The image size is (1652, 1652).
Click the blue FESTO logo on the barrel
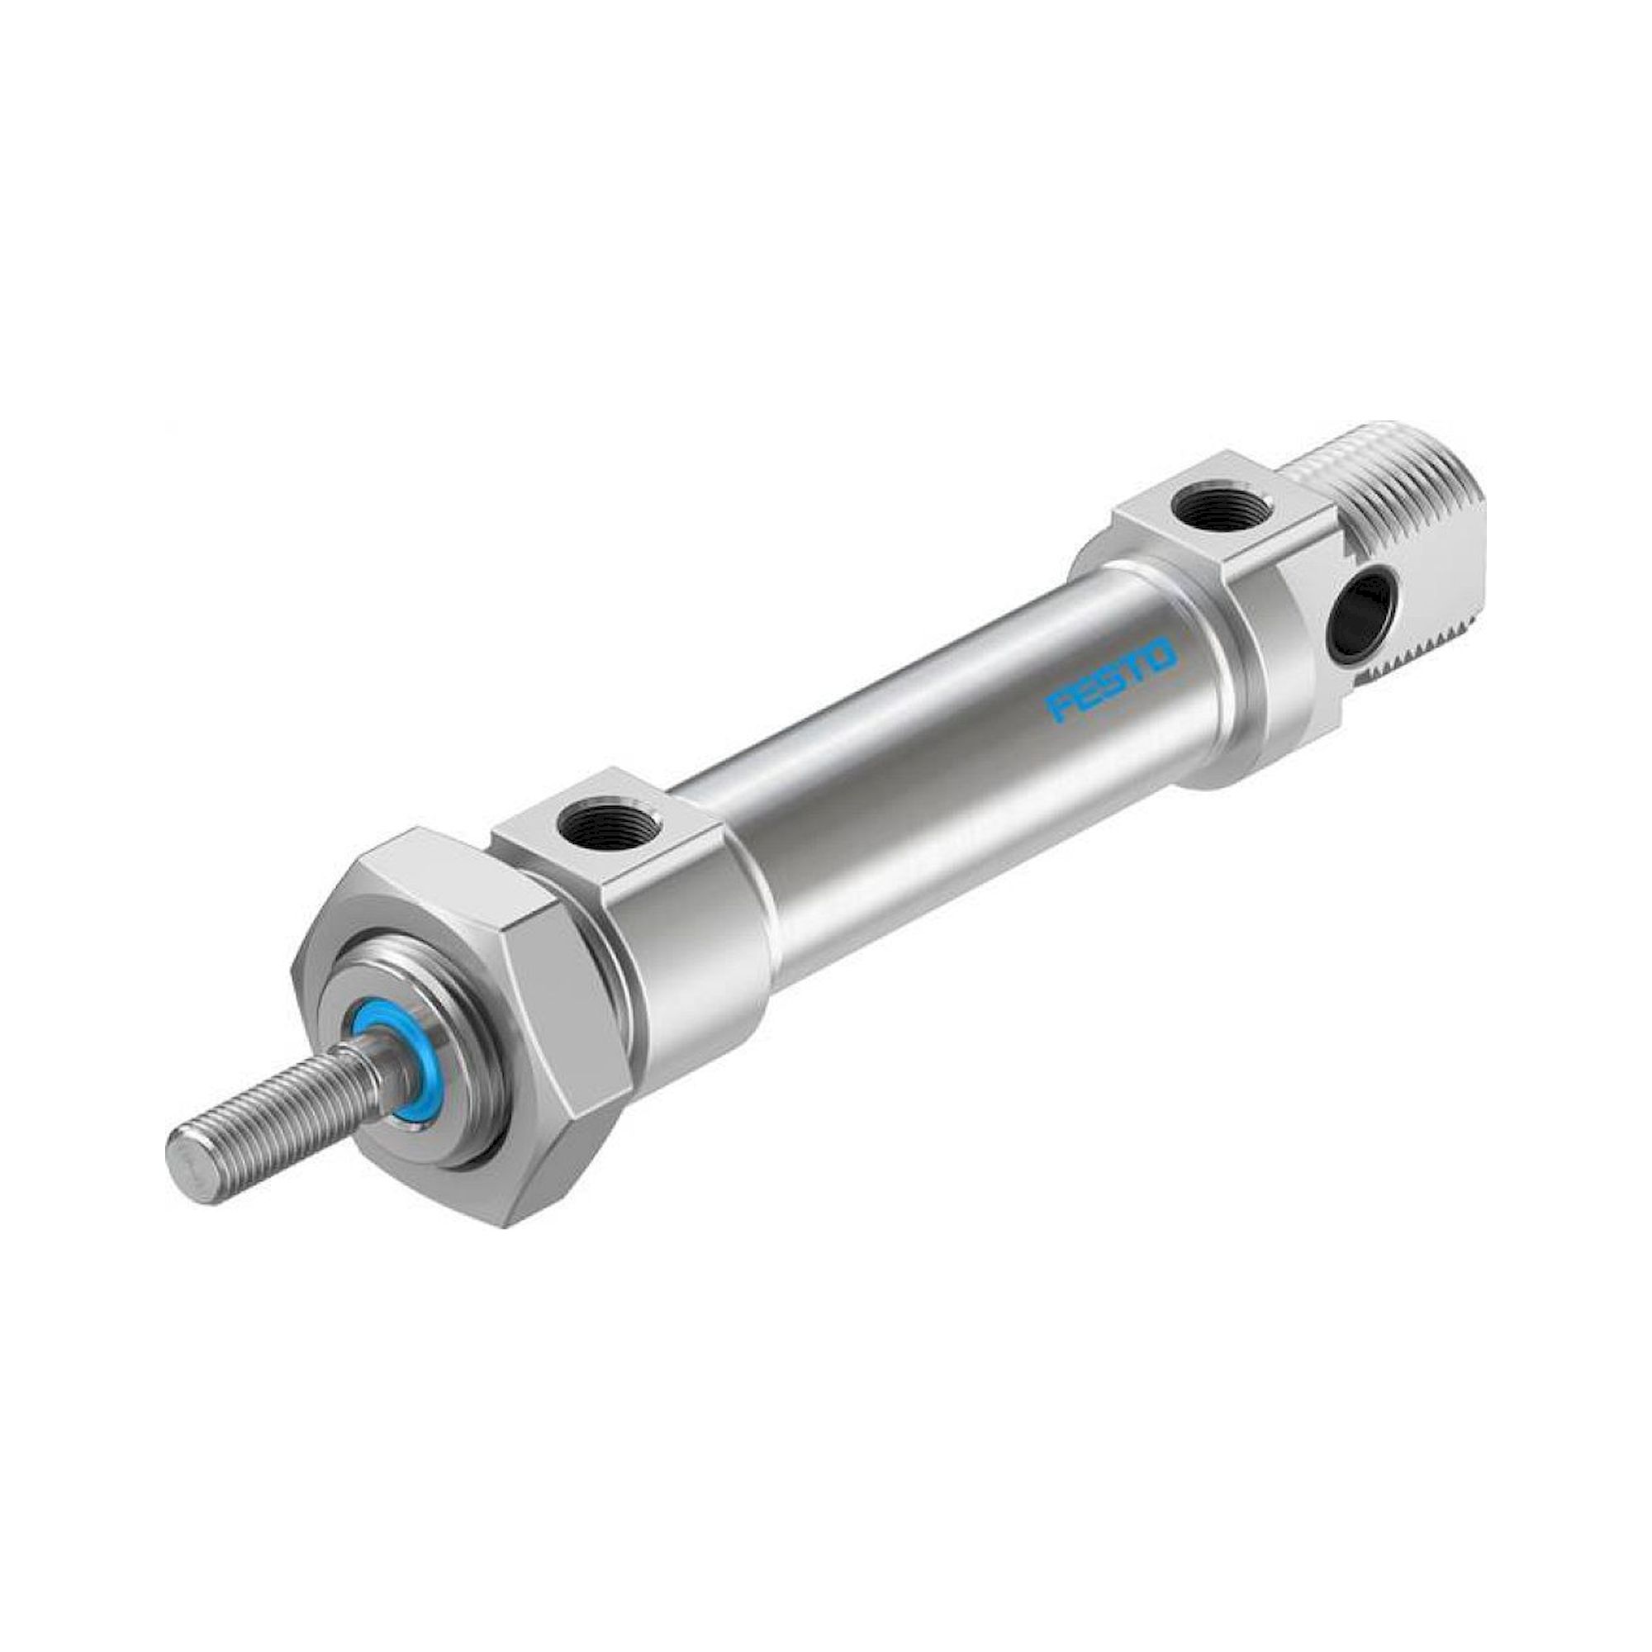click(x=1112, y=662)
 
